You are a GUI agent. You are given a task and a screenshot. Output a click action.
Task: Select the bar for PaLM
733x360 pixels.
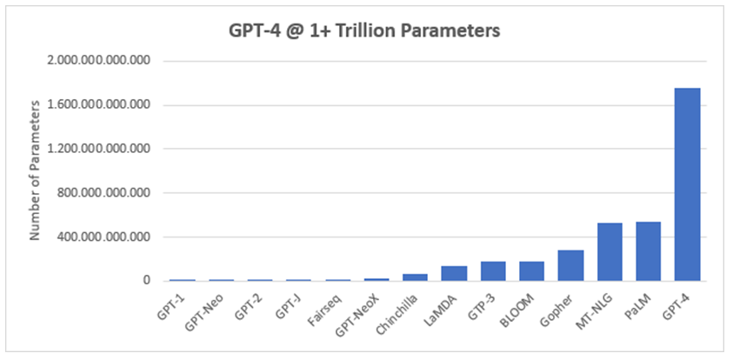648,251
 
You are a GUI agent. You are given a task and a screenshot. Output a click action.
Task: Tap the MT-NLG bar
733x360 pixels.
610,252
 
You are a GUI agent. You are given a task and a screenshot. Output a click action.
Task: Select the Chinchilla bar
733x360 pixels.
415,277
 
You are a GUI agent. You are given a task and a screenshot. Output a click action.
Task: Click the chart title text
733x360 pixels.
366,32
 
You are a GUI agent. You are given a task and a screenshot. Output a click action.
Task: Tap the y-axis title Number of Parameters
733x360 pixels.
36,170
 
